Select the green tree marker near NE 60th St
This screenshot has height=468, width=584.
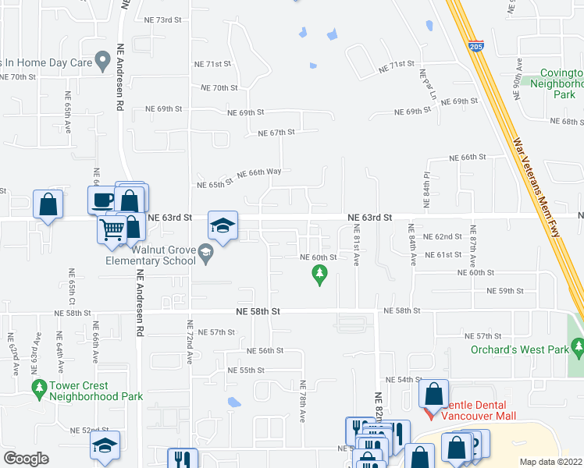pyautogui.click(x=319, y=273)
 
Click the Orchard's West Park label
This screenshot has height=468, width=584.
pyautogui.click(x=520, y=349)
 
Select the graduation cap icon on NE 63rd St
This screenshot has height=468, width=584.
pyautogui.click(x=223, y=226)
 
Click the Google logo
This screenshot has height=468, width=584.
pyautogui.click(x=26, y=459)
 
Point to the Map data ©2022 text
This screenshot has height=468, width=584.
pyautogui.click(x=550, y=462)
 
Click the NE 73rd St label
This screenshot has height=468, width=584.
pyautogui.click(x=162, y=19)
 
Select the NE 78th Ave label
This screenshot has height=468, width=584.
pyautogui.click(x=302, y=402)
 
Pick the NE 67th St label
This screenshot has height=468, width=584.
pyautogui.click(x=277, y=133)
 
